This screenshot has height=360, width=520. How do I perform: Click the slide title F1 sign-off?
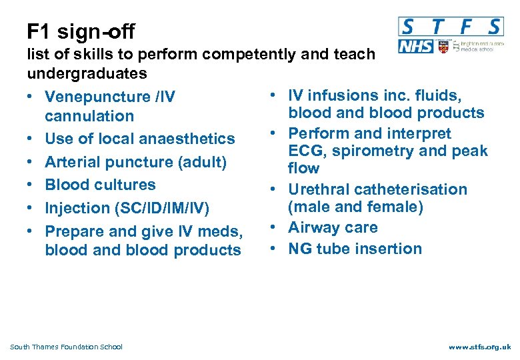click(81, 31)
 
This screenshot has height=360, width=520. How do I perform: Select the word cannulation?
click(89, 116)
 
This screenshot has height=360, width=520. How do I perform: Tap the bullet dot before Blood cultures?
click(31, 185)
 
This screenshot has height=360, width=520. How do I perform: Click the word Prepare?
click(74, 232)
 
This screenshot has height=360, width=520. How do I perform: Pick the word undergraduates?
click(87, 71)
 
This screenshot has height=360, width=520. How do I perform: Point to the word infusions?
click(344, 96)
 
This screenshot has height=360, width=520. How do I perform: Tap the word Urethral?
click(319, 189)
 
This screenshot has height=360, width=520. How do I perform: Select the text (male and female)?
click(355, 207)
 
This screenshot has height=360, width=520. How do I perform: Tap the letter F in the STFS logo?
click(467, 27)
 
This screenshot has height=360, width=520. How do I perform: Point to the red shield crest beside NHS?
click(442, 46)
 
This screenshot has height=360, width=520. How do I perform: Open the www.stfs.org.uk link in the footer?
click(480, 347)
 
